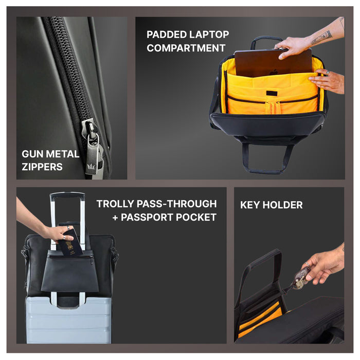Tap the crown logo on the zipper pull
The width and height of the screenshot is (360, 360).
pyautogui.click(x=91, y=166)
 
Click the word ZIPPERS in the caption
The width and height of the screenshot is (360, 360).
pyautogui.click(x=42, y=167)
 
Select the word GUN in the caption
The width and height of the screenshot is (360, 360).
pyautogui.click(x=32, y=154)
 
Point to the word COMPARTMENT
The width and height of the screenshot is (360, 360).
pyautogui.click(x=186, y=48)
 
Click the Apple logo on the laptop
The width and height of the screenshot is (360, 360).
pyautogui.click(x=274, y=73)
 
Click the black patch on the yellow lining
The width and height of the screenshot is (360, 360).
pyautogui.click(x=272, y=94)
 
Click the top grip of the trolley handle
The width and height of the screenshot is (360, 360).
pyautogui.click(x=67, y=195)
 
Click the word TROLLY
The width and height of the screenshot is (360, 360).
pyautogui.click(x=115, y=204)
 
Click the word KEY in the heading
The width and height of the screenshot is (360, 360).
pyautogui.click(x=250, y=205)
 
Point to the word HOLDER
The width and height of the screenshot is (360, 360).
pyautogui.click(x=283, y=205)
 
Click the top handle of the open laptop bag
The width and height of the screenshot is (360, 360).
pyautogui.click(x=266, y=41)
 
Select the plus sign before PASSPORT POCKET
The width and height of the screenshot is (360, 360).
pyautogui.click(x=115, y=218)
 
